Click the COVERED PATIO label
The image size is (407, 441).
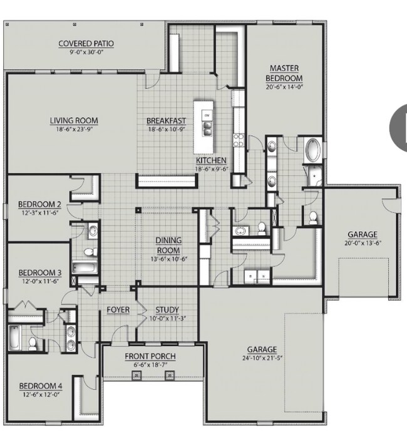(x=86, y=43)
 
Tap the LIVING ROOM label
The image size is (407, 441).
(x=74, y=121)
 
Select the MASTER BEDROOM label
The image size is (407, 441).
(x=286, y=73)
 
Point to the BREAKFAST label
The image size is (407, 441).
(x=166, y=121)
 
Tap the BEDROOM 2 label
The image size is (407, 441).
(x=39, y=204)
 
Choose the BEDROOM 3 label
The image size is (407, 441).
(x=39, y=272)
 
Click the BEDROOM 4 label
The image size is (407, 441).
(x=39, y=386)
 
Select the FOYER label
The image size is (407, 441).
(x=118, y=309)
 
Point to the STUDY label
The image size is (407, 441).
(x=167, y=309)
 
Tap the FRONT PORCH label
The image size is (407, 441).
(x=150, y=356)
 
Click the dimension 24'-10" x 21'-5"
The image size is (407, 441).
(x=261, y=359)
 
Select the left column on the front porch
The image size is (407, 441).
(x=135, y=375)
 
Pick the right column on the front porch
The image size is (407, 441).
(x=168, y=375)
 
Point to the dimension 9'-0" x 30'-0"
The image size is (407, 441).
(x=86, y=53)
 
